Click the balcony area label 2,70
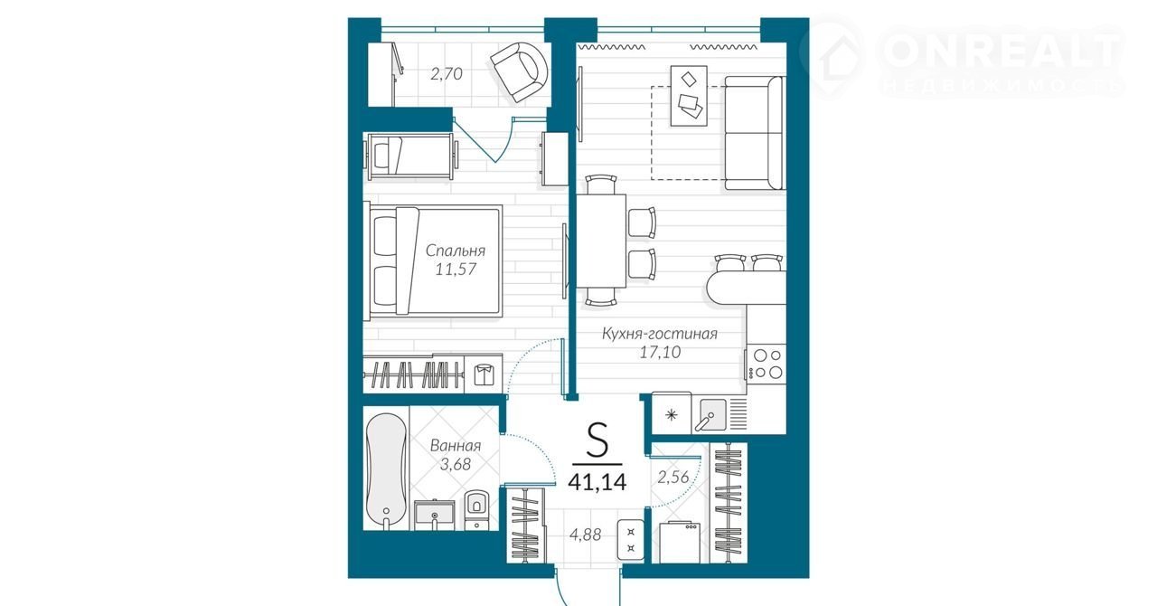[x=447, y=74]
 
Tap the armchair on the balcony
[x=519, y=71]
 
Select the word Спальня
[x=456, y=251]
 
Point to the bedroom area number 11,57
[x=456, y=270]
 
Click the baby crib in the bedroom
[x=411, y=156]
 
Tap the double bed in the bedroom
[x=434, y=261]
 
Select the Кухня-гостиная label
[x=660, y=334]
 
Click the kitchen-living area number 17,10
[x=660, y=353]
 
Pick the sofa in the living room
[x=755, y=133]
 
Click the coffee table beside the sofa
[x=689, y=95]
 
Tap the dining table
[x=601, y=241]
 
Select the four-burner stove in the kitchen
[x=767, y=364]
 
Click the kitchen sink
[x=710, y=414]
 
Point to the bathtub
[x=386, y=469]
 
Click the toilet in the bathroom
[x=475, y=509]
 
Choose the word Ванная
[x=456, y=446]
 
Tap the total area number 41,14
[x=597, y=482]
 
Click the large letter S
[x=597, y=440]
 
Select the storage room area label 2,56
[x=673, y=477]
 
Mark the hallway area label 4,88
[x=585, y=535]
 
